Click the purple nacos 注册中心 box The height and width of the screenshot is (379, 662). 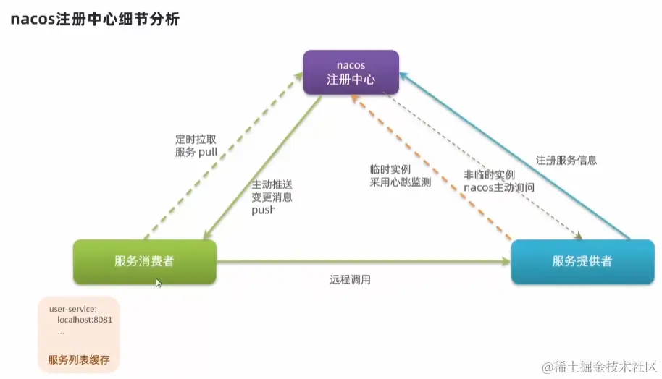351,72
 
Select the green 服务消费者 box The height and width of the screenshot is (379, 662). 144,261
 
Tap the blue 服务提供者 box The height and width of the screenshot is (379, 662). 582,261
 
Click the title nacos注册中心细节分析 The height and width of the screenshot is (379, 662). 94,20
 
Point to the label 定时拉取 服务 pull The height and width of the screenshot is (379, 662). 196,145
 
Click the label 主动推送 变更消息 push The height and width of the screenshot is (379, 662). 272,197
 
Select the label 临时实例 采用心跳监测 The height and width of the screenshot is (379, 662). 400,176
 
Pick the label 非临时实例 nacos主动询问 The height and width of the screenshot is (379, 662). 499,181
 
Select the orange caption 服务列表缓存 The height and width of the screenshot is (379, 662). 79,359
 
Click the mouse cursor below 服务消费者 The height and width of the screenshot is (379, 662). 158,282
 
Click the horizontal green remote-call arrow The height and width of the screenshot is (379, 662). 362,262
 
